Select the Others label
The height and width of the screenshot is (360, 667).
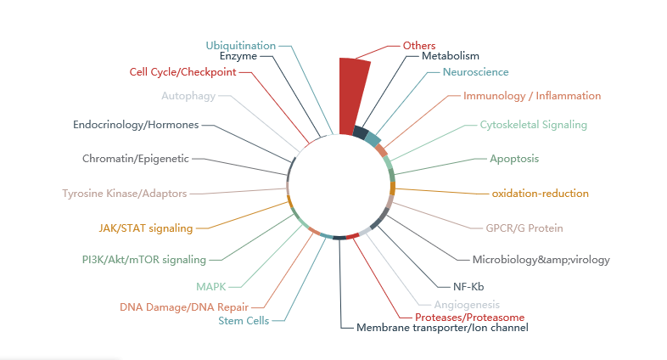(x=419, y=46)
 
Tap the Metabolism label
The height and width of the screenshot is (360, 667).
(x=450, y=56)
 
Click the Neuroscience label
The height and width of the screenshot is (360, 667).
(x=475, y=72)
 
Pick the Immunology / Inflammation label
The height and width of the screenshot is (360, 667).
(x=532, y=96)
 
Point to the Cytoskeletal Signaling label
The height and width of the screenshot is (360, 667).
(x=534, y=125)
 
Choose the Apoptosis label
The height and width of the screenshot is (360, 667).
(x=514, y=159)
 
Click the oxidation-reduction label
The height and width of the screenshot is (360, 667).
(x=540, y=194)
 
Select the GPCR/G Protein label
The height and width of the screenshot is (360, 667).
(x=524, y=228)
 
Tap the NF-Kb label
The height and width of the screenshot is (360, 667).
(x=468, y=287)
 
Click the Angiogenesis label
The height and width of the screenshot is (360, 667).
(x=467, y=305)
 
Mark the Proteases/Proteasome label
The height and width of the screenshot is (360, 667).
(x=469, y=318)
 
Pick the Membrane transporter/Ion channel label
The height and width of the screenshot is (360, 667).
(x=442, y=328)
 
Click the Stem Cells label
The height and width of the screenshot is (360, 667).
(x=244, y=320)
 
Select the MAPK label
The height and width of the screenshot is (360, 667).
(x=210, y=287)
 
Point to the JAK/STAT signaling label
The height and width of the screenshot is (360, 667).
(x=146, y=228)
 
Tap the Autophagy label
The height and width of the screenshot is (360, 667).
(x=188, y=96)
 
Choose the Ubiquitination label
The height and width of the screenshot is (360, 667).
(x=240, y=46)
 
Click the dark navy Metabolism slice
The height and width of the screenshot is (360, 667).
(x=361, y=132)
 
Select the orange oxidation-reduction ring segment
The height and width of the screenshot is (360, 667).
(x=393, y=188)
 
